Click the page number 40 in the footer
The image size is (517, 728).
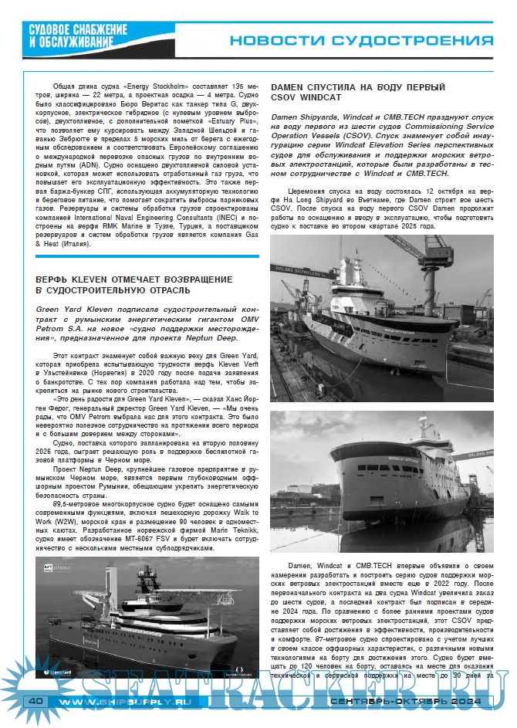point(35,701)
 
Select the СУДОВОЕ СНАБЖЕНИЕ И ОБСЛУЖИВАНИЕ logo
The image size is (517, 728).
point(70,35)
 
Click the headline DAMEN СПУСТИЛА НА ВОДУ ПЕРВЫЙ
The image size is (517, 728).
point(358,87)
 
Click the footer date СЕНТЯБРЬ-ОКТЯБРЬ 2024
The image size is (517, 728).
point(404,701)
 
